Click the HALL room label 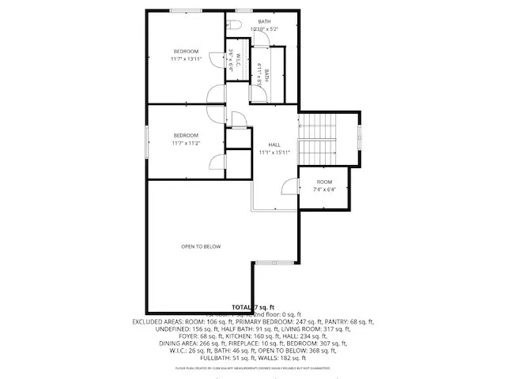pos(274,144)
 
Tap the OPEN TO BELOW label pos(201,246)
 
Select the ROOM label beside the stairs pos(325,182)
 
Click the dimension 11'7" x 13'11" pos(187,59)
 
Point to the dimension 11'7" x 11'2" pos(187,144)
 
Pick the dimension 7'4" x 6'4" pos(325,189)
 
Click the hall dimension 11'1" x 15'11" pos(274,152)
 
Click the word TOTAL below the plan pos(241,306)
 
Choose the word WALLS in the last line pos(273,358)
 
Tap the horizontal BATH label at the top pos(264,22)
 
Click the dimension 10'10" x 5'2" pos(264,29)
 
